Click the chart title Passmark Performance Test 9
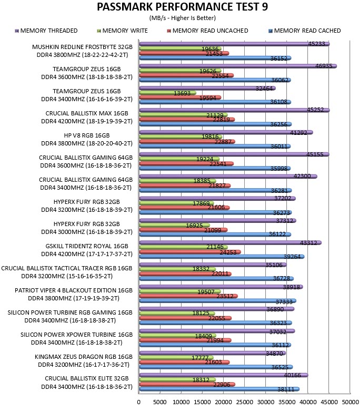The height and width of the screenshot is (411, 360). [183, 7]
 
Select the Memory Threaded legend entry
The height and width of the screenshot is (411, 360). [46, 31]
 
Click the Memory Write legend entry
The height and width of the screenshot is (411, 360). [122, 31]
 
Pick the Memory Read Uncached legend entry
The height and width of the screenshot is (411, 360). [207, 31]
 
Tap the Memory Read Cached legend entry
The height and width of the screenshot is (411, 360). [305, 31]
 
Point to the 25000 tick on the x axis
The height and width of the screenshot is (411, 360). [244, 402]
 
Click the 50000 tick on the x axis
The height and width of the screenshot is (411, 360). [351, 402]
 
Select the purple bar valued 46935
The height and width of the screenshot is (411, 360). [238, 66]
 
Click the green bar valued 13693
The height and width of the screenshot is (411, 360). [167, 93]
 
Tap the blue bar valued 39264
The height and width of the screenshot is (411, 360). [222, 257]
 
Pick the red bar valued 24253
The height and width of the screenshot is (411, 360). [190, 252]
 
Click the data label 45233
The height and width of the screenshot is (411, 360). [316, 44]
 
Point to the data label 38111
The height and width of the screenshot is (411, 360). [286, 389]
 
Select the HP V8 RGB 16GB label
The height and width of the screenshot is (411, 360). [87, 135]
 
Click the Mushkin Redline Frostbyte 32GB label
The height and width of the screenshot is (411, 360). [82, 47]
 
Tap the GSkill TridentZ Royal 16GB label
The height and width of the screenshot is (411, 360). [87, 246]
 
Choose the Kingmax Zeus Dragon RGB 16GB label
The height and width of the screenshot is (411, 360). [84, 357]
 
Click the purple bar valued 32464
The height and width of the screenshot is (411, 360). [207, 89]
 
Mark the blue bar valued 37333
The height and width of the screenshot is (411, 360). [217, 301]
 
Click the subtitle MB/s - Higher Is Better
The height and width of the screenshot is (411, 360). [183, 18]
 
